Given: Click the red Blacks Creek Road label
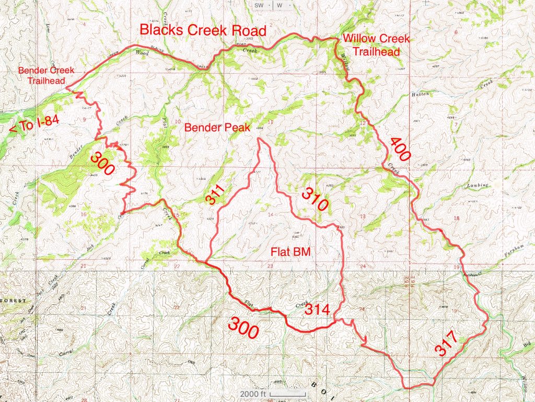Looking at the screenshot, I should pos(203,30).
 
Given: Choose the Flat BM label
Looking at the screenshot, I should pos(290,251).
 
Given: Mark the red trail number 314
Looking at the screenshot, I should pos(317,309).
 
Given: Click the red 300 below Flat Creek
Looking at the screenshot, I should pos(243,328).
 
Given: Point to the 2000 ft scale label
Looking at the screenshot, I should pos(253,394).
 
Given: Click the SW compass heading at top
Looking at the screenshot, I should pos(259,5).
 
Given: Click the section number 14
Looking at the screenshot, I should pos(271,214).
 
